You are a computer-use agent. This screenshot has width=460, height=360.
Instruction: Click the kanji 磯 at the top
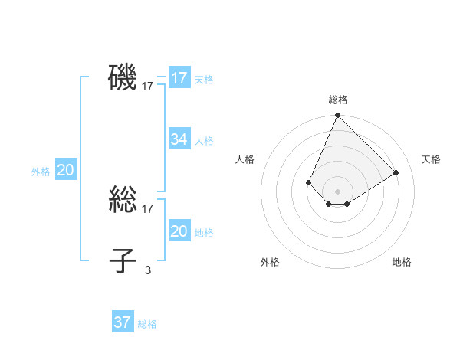(x=123, y=78)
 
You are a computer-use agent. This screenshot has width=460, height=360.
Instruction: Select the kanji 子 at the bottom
(x=123, y=261)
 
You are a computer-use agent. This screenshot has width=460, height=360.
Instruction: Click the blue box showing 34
(x=179, y=139)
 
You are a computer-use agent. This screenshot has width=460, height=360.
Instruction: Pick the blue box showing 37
(x=123, y=322)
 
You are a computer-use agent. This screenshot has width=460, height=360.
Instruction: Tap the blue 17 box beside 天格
(x=179, y=78)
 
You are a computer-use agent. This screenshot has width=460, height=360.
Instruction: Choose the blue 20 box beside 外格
(x=65, y=170)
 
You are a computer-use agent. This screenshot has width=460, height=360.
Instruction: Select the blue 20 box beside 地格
(x=179, y=231)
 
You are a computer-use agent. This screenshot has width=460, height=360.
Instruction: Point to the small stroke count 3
(x=148, y=270)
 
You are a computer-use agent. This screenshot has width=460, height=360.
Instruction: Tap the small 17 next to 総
(x=148, y=209)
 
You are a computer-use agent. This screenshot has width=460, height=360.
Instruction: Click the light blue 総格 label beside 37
(x=147, y=324)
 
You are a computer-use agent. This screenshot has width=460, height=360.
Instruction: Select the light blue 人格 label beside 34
(x=204, y=141)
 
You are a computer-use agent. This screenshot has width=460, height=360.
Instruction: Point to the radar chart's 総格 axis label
(x=338, y=100)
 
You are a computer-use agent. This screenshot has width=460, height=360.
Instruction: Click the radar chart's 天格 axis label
(x=431, y=159)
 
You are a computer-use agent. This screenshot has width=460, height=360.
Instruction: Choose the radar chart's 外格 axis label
(x=270, y=262)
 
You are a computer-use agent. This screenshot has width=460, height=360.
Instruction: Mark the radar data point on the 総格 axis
(x=337, y=116)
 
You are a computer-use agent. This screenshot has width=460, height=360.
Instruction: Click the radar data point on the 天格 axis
(x=396, y=172)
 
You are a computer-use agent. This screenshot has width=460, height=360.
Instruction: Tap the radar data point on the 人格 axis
(x=308, y=182)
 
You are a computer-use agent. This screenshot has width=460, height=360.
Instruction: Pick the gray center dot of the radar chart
(x=337, y=191)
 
